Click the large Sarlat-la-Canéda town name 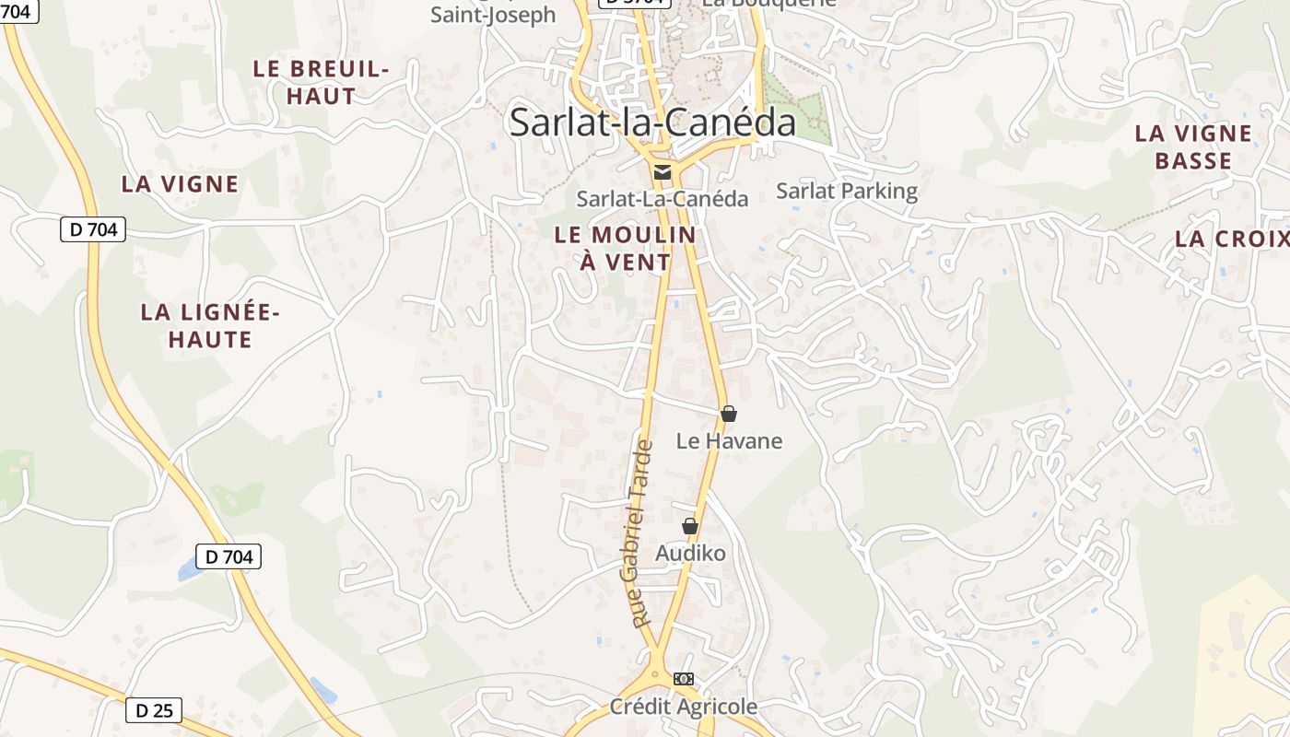pyautogui.click(x=652, y=123)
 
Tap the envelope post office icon pyautogui.click(x=662, y=171)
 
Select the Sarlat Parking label pyautogui.click(x=847, y=192)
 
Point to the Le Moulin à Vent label pyautogui.click(x=626, y=249)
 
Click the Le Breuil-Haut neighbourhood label pyautogui.click(x=321, y=82)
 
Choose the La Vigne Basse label pyautogui.click(x=1193, y=147)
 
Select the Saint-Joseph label pyautogui.click(x=494, y=15)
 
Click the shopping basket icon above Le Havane pyautogui.click(x=729, y=414)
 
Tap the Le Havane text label pyautogui.click(x=729, y=441)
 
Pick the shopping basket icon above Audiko pyautogui.click(x=689, y=526)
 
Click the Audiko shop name pyautogui.click(x=690, y=554)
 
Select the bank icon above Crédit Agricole pyautogui.click(x=683, y=679)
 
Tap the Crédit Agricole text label pyautogui.click(x=683, y=707)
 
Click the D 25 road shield pyautogui.click(x=154, y=710)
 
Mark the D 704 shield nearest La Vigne pyautogui.click(x=93, y=229)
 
